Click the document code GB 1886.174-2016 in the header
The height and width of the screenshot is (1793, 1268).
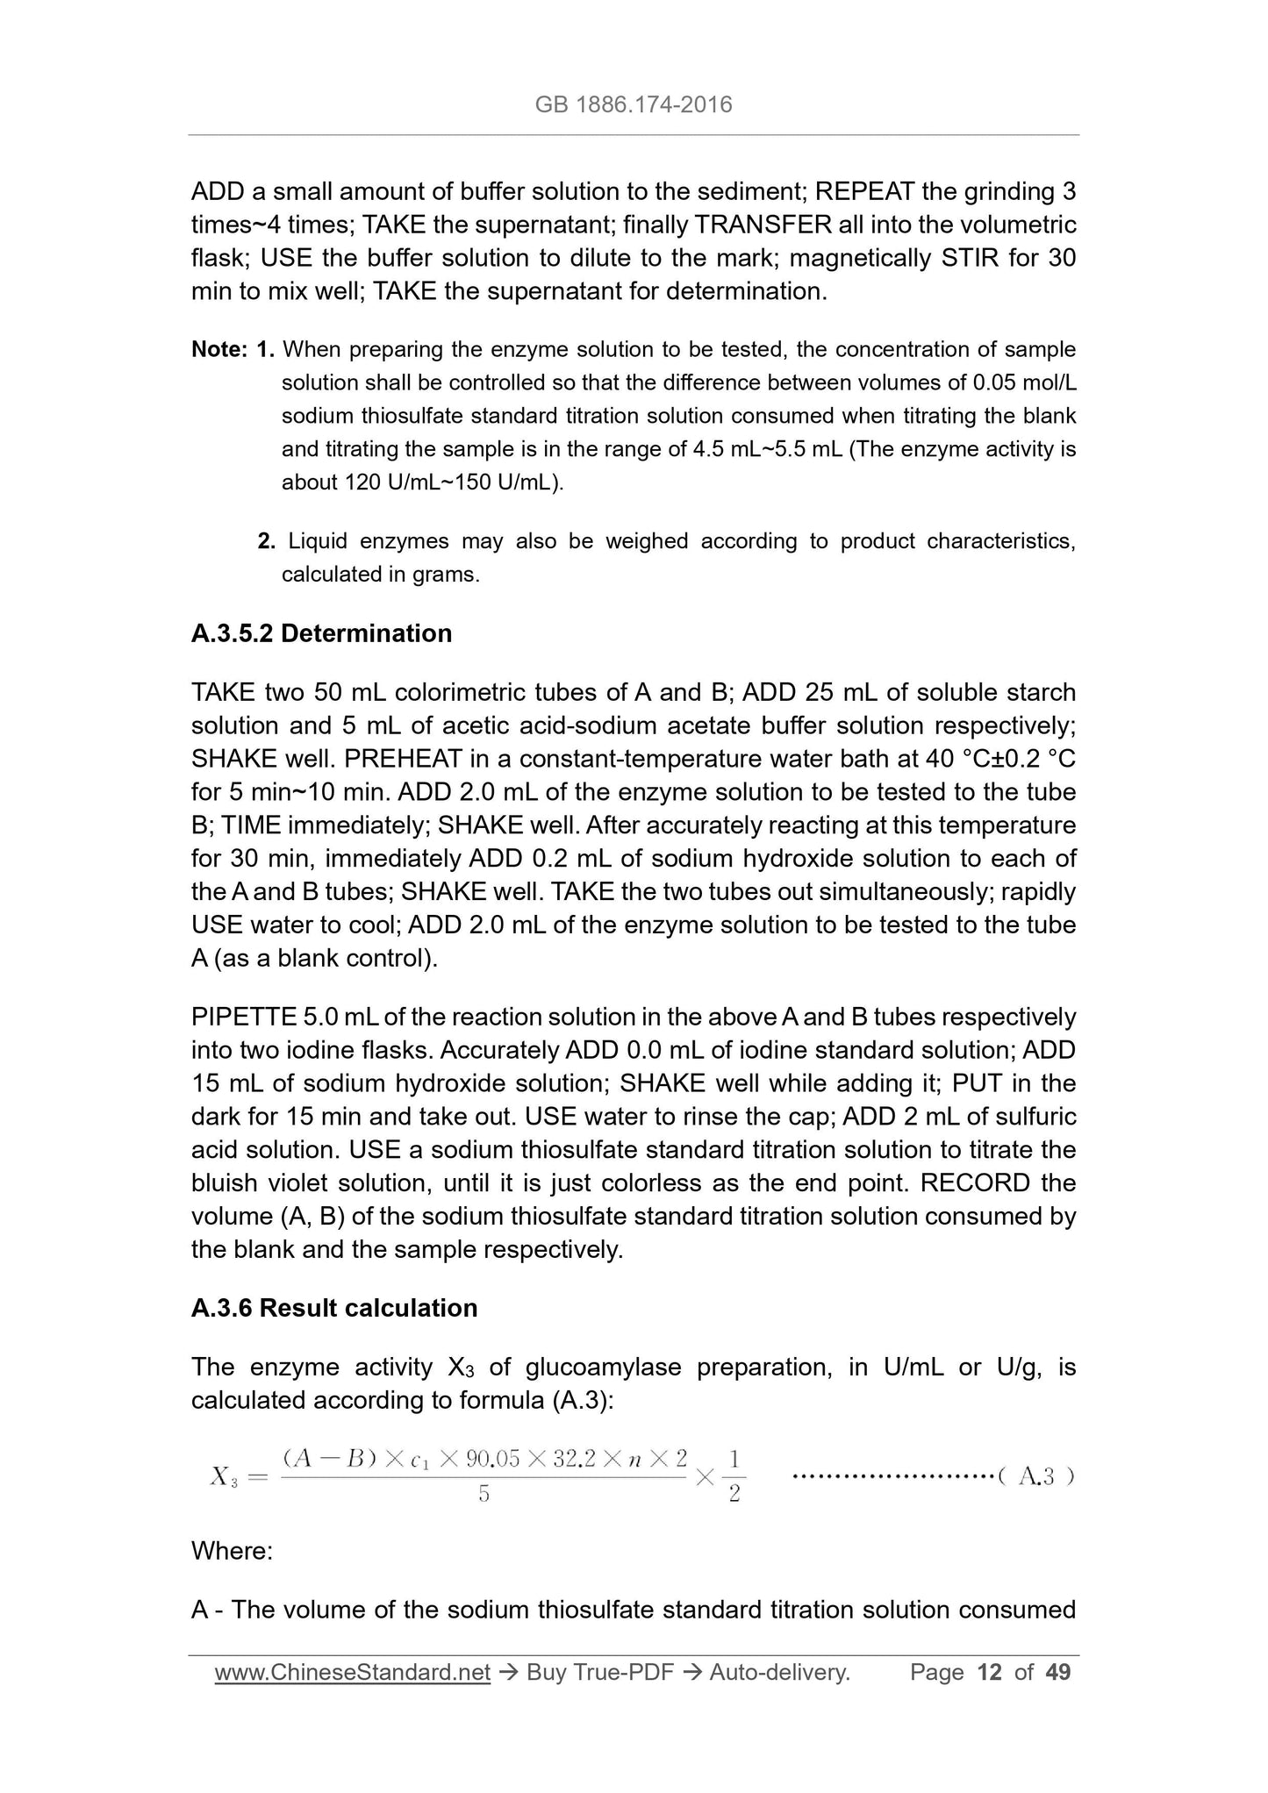tap(633, 105)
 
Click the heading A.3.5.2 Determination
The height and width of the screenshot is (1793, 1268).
tap(321, 632)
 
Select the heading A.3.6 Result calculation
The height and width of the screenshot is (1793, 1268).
tap(334, 1307)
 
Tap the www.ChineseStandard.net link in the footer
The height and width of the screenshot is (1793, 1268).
tap(352, 1672)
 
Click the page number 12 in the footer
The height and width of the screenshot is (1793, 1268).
tap(989, 1672)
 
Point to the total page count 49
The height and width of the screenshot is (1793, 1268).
tap(1058, 1672)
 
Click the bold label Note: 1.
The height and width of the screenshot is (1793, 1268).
tap(233, 349)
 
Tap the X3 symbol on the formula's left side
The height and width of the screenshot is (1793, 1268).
tap(223, 1477)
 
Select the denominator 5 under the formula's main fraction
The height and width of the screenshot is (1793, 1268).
tap(484, 1494)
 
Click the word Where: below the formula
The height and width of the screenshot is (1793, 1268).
tap(233, 1550)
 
